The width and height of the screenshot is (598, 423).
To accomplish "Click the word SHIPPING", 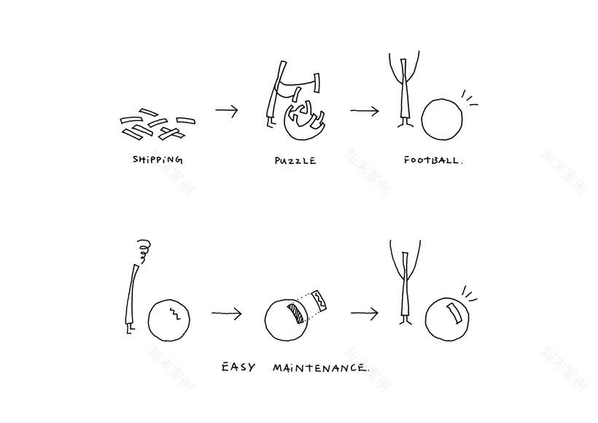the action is click(x=158, y=160).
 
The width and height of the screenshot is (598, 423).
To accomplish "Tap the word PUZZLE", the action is click(x=295, y=160).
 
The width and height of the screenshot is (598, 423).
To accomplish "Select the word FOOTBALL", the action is click(x=433, y=160).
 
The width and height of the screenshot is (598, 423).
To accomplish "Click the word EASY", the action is click(x=238, y=368).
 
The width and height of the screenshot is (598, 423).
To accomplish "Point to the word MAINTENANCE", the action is click(x=321, y=368).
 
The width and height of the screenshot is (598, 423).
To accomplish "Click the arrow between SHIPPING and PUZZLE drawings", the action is click(x=227, y=110).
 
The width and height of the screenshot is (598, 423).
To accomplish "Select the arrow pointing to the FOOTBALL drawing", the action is click(x=365, y=111).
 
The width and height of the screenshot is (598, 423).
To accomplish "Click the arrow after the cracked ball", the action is click(x=227, y=314).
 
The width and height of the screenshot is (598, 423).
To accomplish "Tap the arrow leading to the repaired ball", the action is click(x=365, y=314).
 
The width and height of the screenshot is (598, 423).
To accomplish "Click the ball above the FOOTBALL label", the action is click(x=442, y=120).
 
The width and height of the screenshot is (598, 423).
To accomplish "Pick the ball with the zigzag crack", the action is click(x=168, y=319).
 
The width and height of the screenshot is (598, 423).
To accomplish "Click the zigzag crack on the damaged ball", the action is click(x=175, y=312).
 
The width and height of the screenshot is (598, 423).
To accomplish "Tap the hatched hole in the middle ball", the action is click(x=295, y=313).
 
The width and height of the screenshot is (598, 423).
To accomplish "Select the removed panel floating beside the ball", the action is click(x=319, y=301).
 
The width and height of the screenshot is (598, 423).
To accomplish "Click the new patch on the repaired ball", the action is click(x=454, y=313).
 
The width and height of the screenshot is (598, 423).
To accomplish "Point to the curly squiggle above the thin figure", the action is click(x=144, y=252).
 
